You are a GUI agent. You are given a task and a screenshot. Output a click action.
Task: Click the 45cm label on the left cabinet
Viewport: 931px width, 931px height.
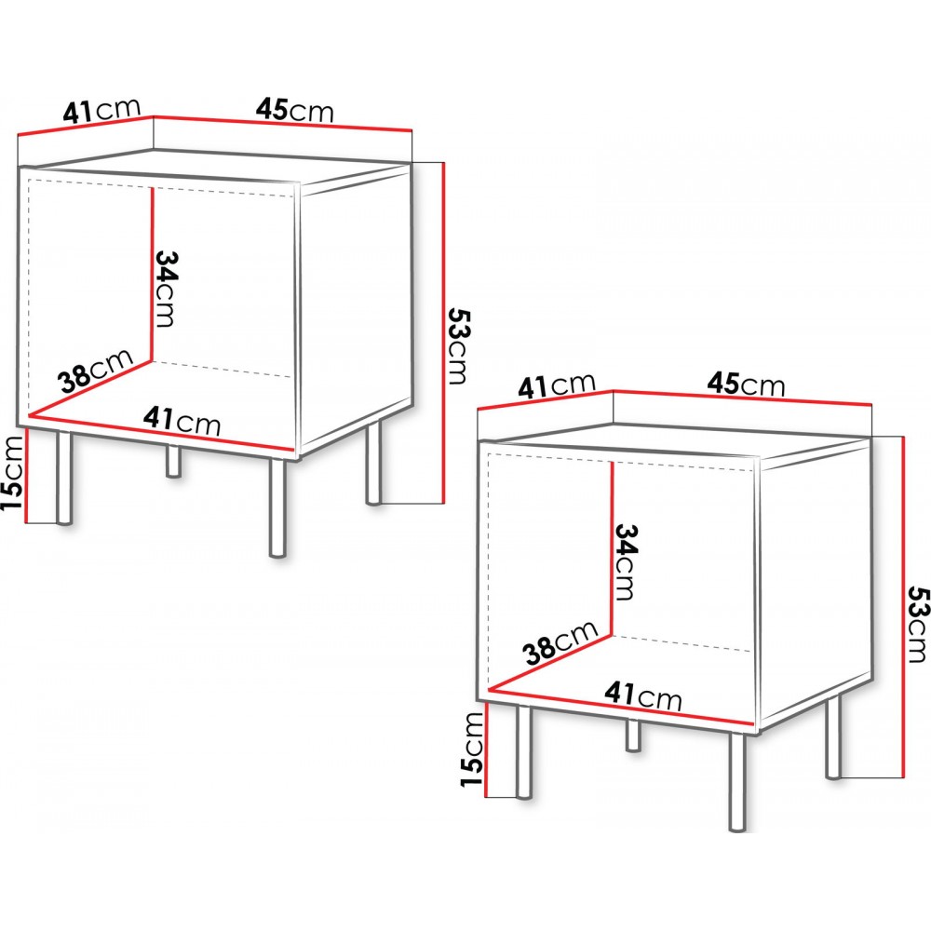click(x=295, y=110)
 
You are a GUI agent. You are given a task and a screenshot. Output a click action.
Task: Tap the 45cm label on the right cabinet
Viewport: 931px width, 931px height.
click(x=746, y=385)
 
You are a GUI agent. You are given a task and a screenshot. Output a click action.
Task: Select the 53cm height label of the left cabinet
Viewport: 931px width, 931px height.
click(x=458, y=345)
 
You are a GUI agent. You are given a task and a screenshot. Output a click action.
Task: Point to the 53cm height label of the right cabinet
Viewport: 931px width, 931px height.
click(x=917, y=624)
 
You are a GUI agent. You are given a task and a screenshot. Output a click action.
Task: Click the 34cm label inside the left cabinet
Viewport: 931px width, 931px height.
click(x=165, y=289)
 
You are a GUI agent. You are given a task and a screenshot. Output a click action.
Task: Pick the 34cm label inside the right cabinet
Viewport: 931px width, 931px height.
click(x=625, y=561)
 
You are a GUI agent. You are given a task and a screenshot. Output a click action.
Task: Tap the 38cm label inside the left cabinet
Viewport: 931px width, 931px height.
click(x=96, y=371)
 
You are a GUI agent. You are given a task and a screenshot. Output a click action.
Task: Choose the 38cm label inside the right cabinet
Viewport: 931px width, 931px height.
click(x=560, y=642)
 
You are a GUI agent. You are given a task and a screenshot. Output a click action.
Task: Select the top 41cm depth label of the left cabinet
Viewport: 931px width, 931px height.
click(x=102, y=111)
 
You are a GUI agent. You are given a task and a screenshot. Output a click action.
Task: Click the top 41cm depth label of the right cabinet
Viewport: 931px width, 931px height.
click(x=557, y=385)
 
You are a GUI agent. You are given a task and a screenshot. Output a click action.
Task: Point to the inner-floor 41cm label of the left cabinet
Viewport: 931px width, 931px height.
click(x=182, y=421)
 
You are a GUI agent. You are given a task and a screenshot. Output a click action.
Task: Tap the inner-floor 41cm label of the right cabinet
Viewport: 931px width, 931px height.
click(x=643, y=695)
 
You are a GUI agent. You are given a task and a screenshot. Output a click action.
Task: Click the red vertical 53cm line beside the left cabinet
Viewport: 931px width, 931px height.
click(x=443, y=332)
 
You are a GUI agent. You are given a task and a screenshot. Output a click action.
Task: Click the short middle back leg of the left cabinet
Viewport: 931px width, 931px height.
click(x=173, y=460)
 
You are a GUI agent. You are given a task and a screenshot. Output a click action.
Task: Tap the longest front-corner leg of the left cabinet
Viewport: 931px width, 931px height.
click(x=277, y=507)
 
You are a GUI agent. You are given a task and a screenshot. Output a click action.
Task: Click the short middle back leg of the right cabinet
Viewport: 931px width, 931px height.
click(x=633, y=735)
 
